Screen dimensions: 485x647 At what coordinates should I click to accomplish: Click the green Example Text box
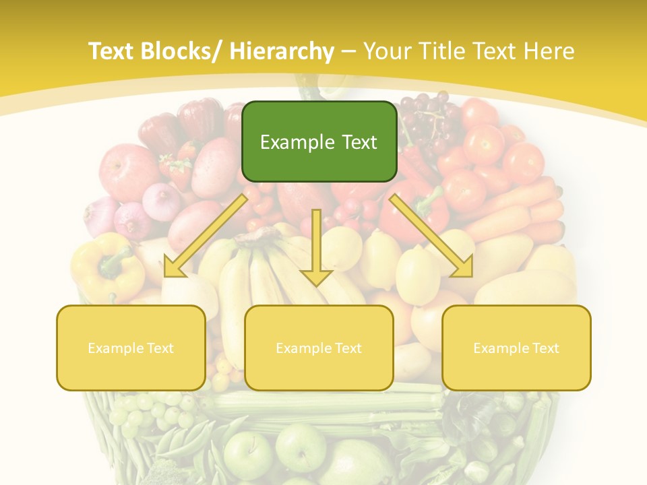click(x=319, y=141)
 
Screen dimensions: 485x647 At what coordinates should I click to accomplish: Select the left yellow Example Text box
click(x=131, y=348)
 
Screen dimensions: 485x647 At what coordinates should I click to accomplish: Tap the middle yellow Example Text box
click(x=319, y=348)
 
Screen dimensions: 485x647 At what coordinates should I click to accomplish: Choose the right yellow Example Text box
click(x=516, y=348)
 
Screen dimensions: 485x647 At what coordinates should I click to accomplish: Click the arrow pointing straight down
click(x=316, y=249)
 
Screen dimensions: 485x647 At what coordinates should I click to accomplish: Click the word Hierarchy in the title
click(x=281, y=51)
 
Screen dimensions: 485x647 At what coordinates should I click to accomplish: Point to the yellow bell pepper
click(x=108, y=266)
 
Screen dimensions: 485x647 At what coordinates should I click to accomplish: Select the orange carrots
click(x=532, y=209)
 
